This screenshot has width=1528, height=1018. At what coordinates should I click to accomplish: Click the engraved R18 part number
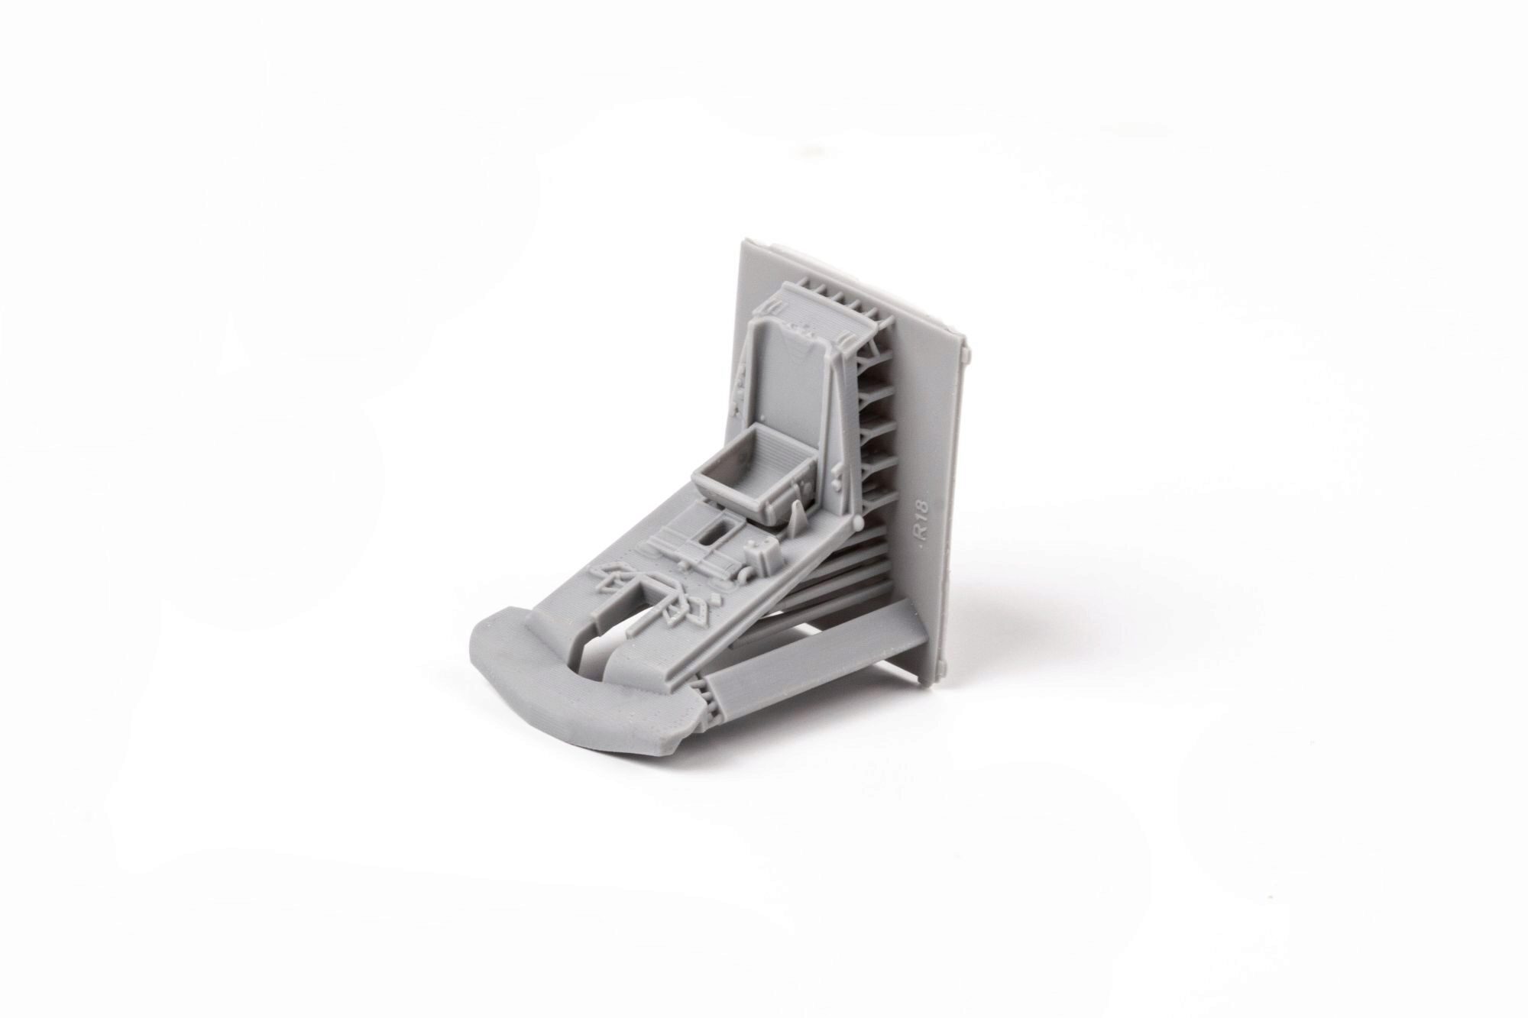point(923,528)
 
